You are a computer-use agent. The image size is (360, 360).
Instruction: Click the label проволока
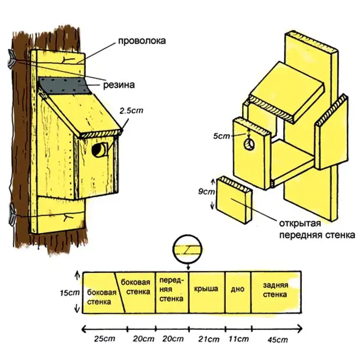142,41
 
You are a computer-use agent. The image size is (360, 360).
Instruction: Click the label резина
120,84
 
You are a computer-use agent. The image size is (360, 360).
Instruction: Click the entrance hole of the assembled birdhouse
98,150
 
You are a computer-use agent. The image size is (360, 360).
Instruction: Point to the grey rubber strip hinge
64,86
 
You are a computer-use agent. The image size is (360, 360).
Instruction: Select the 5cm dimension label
221,136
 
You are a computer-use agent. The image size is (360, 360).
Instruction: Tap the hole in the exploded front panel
250,143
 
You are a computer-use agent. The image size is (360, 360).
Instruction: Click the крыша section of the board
207,289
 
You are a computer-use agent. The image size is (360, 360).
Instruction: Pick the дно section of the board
236,289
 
